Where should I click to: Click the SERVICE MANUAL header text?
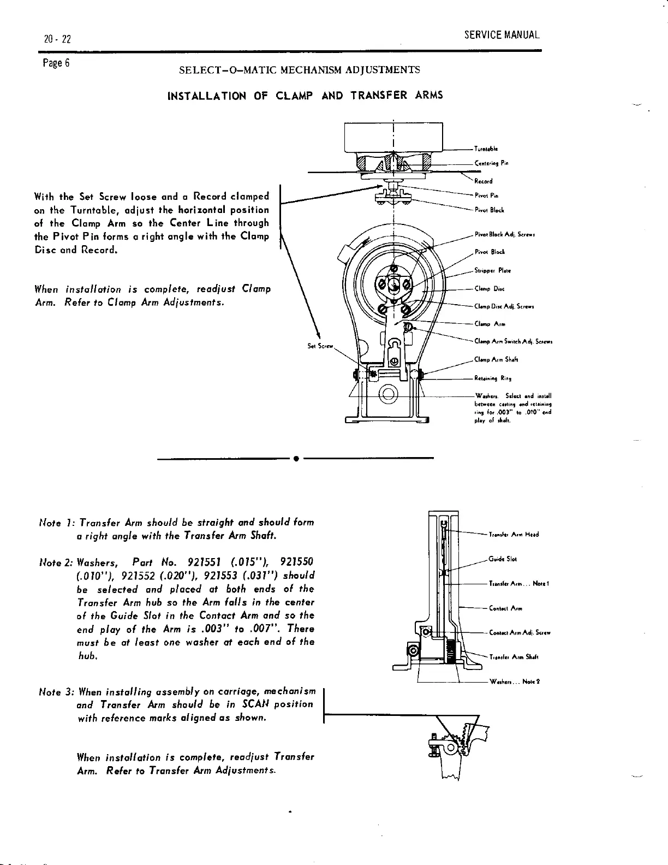[502, 35]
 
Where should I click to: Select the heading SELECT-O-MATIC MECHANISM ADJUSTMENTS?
[300, 70]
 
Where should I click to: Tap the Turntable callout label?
[486, 149]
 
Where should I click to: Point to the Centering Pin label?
[492, 163]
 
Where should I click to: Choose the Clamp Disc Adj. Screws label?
[504, 307]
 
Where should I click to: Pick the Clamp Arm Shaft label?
[496, 360]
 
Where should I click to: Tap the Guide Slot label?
[503, 559]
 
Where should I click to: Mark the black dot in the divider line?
[295, 458]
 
